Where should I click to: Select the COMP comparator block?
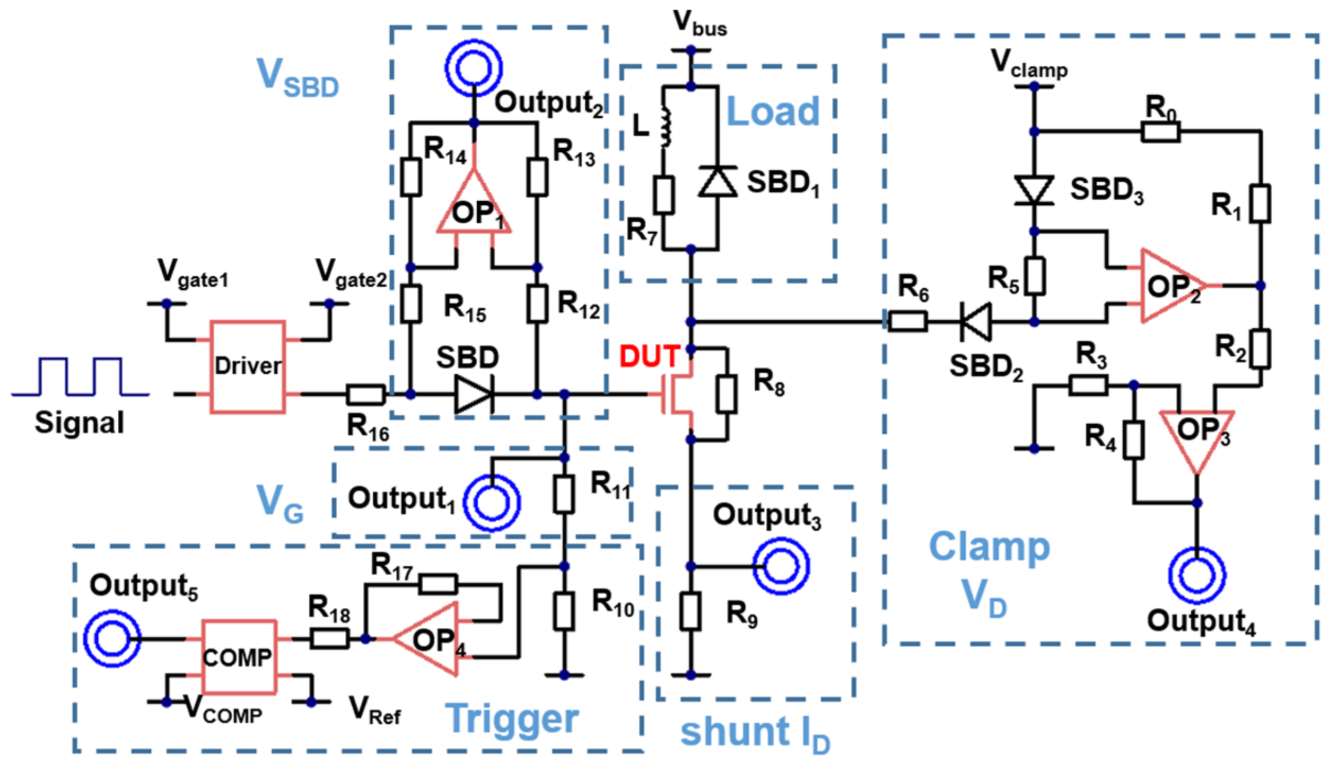[x=239, y=657]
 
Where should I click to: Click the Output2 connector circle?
[x=474, y=68]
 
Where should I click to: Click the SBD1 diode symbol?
[x=717, y=181]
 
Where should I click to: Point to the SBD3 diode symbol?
[x=1034, y=190]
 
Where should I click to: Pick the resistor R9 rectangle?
[x=690, y=611]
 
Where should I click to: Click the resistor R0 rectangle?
[x=1160, y=131]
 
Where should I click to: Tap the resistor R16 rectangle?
[x=366, y=394]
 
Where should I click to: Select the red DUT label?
[x=650, y=356]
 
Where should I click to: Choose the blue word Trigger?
[x=511, y=718]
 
